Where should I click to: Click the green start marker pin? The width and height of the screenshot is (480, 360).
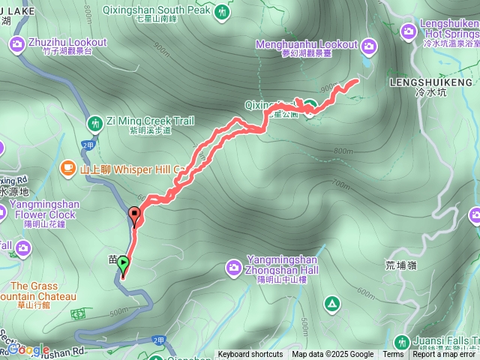[123, 265]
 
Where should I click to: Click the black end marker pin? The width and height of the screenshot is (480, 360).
[135, 215]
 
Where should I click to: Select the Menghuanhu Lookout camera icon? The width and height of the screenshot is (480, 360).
[368, 46]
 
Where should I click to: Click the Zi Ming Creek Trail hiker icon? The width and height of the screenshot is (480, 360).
[94, 122]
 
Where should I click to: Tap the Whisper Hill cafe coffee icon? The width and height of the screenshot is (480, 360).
[69, 166]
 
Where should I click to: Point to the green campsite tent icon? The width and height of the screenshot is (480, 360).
[331, 303]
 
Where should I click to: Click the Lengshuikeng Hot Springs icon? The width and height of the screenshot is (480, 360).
[408, 31]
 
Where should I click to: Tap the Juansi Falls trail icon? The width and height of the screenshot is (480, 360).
[401, 343]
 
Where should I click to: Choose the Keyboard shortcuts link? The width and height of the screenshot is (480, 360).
[250, 355]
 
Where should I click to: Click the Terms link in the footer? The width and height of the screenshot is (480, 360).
[393, 355]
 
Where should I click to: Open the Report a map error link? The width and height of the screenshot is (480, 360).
[445, 355]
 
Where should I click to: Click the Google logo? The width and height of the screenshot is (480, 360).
[28, 349]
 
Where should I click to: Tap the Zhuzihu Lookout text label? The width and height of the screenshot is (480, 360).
[68, 43]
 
